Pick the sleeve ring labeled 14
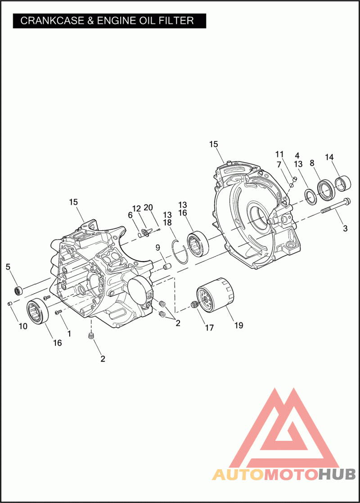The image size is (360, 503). pos(343,183)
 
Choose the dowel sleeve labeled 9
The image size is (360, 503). pos(166,267)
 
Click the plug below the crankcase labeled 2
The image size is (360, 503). pos(91,336)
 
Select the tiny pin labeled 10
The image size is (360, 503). pos(10,303)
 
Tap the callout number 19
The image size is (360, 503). pos(239,325)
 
